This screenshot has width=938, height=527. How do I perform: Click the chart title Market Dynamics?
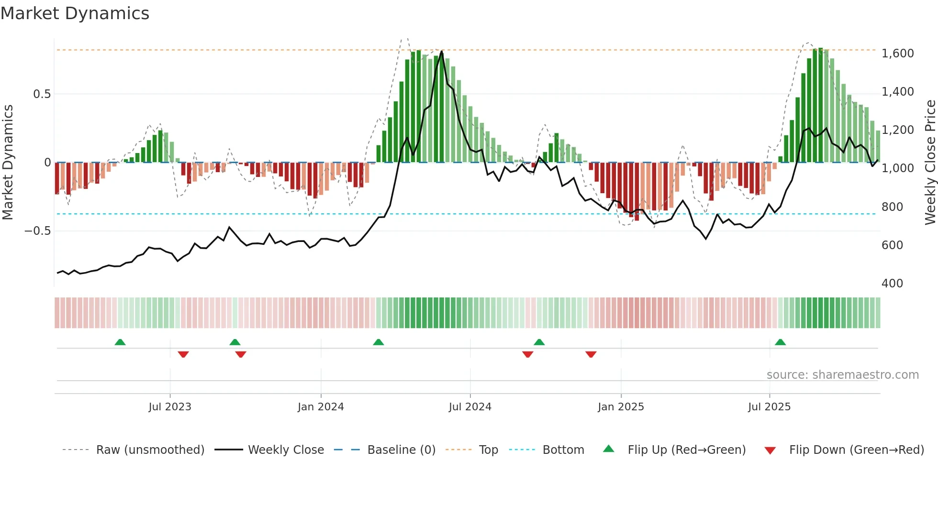(x=75, y=13)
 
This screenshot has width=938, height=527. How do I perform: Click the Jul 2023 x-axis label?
(x=170, y=407)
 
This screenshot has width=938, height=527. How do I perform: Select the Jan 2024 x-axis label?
(x=321, y=407)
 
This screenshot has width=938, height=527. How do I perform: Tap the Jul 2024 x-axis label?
(x=470, y=407)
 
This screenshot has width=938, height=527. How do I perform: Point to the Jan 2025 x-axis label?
(x=621, y=407)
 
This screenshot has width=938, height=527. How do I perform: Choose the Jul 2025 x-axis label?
(x=770, y=407)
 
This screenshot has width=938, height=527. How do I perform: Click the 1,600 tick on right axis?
(x=897, y=54)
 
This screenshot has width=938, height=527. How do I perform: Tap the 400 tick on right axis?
(x=892, y=284)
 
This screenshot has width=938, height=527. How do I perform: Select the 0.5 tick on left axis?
(x=42, y=94)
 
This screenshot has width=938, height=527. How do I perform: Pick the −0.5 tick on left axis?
(x=38, y=231)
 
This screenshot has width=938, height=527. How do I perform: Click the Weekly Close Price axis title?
(x=930, y=163)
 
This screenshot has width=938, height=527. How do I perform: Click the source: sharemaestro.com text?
(x=842, y=375)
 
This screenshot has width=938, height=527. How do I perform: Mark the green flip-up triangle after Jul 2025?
(x=780, y=342)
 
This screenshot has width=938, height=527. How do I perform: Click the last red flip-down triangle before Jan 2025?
(x=591, y=354)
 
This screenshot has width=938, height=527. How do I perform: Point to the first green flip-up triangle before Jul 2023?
(x=120, y=342)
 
